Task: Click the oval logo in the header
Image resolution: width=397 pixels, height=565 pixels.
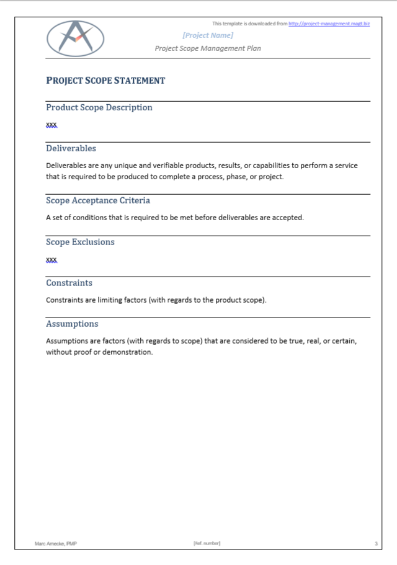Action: coord(76,38)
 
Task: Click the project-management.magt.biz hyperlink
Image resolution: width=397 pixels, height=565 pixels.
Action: coord(329,24)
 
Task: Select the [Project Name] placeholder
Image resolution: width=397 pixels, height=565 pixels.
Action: coord(208,35)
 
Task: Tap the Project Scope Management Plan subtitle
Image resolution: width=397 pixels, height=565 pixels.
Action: coord(208,48)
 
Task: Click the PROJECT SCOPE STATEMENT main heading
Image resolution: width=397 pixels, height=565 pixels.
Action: coord(105,81)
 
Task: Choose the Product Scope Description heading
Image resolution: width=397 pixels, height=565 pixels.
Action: coord(99,107)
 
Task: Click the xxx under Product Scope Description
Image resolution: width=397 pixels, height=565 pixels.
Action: coord(51,125)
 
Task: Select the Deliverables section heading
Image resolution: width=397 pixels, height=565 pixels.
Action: coord(71,148)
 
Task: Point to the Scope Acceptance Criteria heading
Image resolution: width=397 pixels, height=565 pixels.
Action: coord(98,200)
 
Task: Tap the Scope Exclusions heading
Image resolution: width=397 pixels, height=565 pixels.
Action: coord(80,242)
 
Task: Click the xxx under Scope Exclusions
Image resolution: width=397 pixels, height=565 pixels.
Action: coord(51,259)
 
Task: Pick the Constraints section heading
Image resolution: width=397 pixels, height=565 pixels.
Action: coord(69,283)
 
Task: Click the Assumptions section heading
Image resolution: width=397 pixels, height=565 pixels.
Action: coord(72,324)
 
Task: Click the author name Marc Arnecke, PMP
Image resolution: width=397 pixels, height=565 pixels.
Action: coord(56,544)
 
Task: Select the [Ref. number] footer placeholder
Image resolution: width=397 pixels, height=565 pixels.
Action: coord(207,544)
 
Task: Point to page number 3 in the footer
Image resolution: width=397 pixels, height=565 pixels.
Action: coord(376,544)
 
